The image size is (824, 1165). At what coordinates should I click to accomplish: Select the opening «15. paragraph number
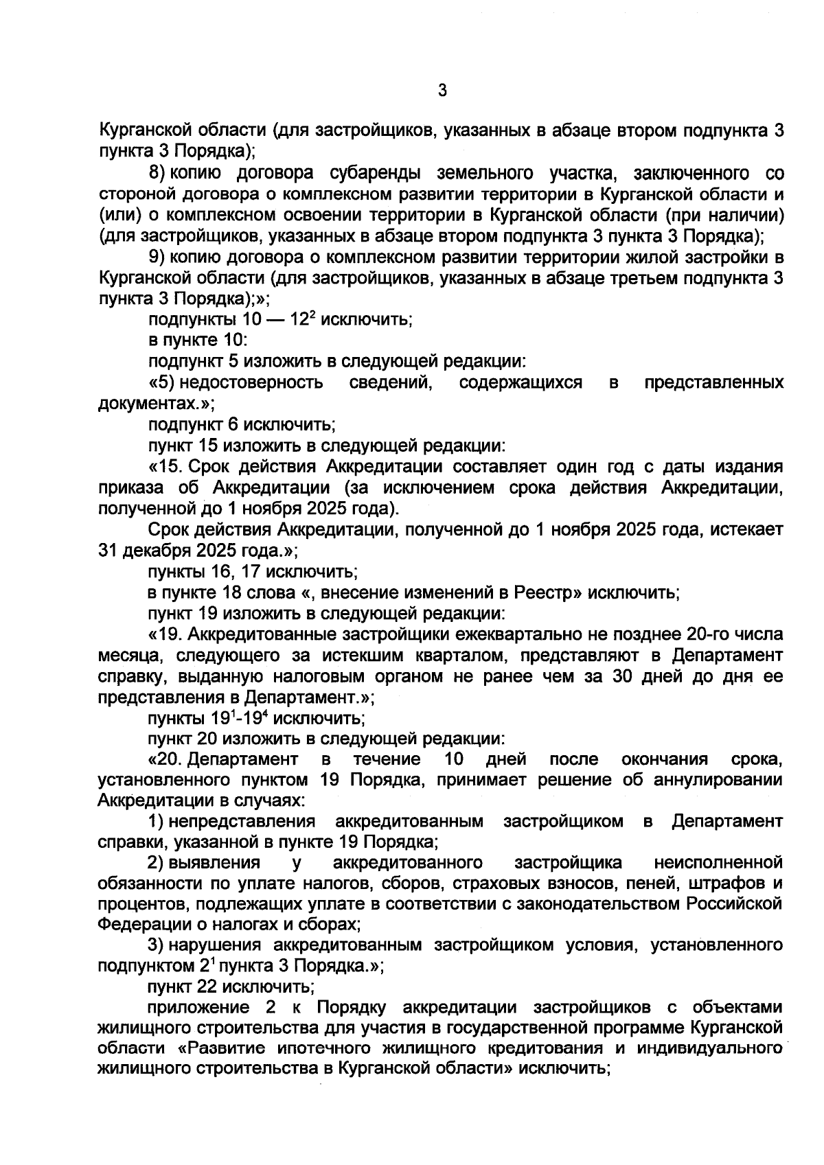(x=166, y=467)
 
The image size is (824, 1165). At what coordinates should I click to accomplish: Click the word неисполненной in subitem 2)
(x=719, y=863)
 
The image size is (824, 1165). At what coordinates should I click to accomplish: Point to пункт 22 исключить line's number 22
(x=208, y=987)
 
